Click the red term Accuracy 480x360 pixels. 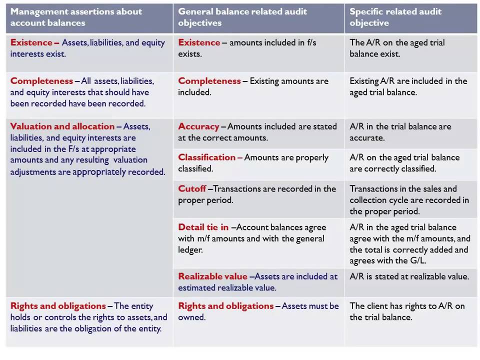click(x=198, y=126)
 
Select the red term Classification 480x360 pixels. click(x=206, y=157)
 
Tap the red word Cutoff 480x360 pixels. click(x=192, y=189)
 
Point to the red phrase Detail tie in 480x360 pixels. click(x=203, y=227)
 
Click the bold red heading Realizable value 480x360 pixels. click(x=212, y=276)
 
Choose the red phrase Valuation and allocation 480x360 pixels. click(x=62, y=126)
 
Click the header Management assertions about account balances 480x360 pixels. click(x=76, y=17)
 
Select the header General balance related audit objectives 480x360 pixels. click(x=242, y=17)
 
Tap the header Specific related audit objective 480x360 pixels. click(x=395, y=17)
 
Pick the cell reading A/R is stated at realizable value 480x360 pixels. click(x=409, y=276)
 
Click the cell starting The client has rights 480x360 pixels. click(x=407, y=311)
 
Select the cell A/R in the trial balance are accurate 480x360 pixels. click(x=400, y=132)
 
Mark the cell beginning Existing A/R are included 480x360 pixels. click(x=408, y=86)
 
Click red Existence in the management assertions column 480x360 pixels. click(x=31, y=42)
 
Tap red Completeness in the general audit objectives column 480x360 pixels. click(x=209, y=81)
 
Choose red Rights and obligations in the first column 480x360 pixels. click(x=58, y=306)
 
